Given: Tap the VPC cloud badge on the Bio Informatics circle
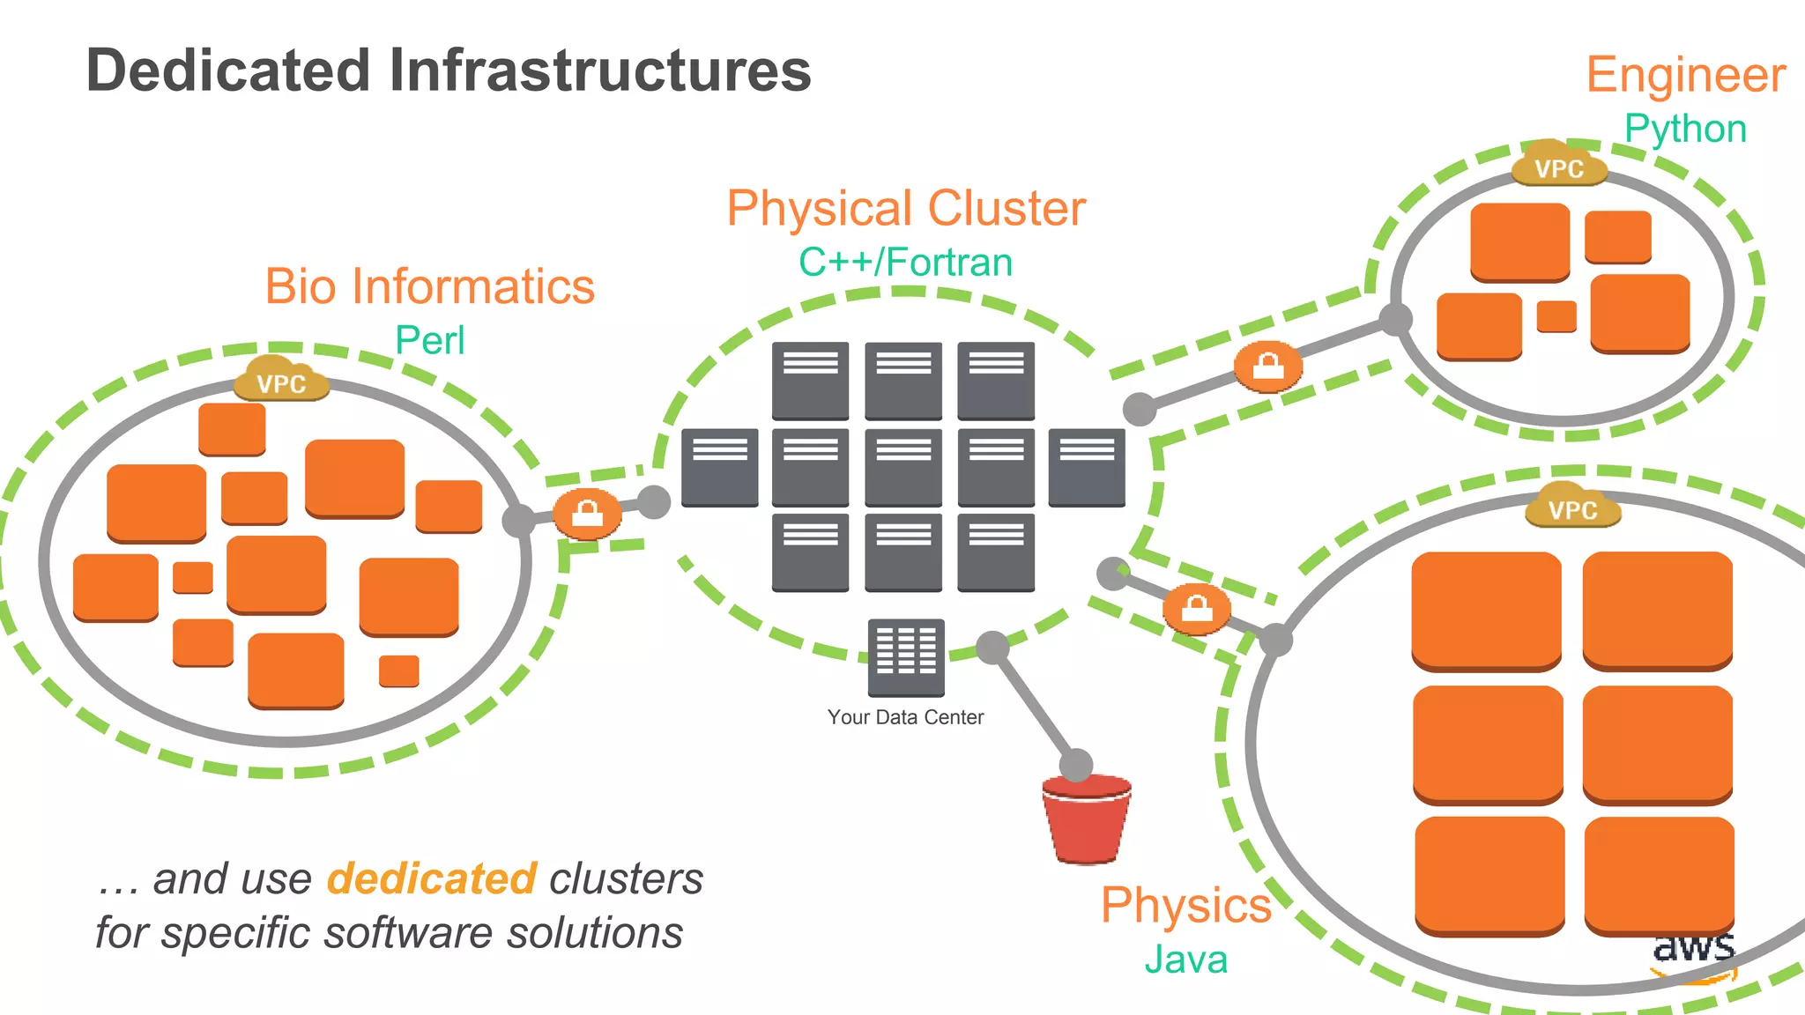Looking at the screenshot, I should click(281, 381).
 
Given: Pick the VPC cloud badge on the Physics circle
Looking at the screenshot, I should click(1572, 507).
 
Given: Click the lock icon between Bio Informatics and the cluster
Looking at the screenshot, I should click(588, 513).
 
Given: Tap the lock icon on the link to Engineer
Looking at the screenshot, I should click(1267, 366).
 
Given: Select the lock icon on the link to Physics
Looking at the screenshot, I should click(1196, 608).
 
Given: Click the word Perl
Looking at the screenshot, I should click(429, 340).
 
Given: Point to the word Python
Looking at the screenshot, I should click(1685, 129).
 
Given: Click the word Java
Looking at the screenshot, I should click(1185, 959).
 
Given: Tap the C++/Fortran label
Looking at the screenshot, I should click(905, 262).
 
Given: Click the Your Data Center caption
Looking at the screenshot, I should click(905, 717).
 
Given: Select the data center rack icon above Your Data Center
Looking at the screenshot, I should click(905, 657).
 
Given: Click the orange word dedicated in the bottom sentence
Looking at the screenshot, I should click(431, 878).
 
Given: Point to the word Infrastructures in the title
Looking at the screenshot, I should click(599, 70).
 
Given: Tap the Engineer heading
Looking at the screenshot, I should click(1685, 75).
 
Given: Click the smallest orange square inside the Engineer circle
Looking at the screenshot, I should click(1556, 316).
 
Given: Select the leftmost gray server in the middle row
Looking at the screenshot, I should click(719, 467).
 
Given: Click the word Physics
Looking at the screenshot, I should click(1185, 905).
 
